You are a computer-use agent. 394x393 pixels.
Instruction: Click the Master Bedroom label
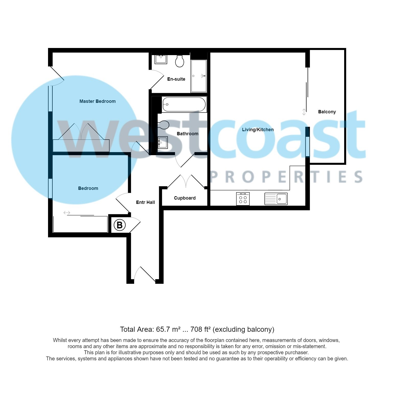[x=97, y=101]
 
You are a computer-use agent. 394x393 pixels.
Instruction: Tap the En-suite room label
[x=176, y=79]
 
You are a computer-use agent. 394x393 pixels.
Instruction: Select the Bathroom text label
[x=187, y=134]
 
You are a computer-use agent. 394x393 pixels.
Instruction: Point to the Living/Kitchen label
[x=258, y=130]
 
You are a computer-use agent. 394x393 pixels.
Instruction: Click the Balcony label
[x=327, y=112]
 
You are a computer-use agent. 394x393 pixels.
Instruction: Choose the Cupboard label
[x=184, y=198]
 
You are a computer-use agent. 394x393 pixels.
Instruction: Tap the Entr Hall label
[x=145, y=202]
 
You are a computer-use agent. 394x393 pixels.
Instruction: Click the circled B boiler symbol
[x=120, y=225]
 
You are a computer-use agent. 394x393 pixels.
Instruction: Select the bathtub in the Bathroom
[x=184, y=104]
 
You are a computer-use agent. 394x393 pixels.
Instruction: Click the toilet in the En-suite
[x=180, y=61]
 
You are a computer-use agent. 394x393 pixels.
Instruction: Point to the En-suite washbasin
[x=161, y=59]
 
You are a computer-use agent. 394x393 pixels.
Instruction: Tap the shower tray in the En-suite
[x=199, y=76]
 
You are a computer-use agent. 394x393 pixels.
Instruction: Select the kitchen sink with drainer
[x=276, y=199]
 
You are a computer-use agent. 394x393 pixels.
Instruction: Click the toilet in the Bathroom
[x=164, y=125]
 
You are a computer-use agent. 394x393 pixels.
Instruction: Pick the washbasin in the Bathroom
[x=163, y=142]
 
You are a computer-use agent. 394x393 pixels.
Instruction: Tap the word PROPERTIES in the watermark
[x=286, y=177]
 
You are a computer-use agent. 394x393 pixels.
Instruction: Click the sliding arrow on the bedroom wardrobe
[x=67, y=213]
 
